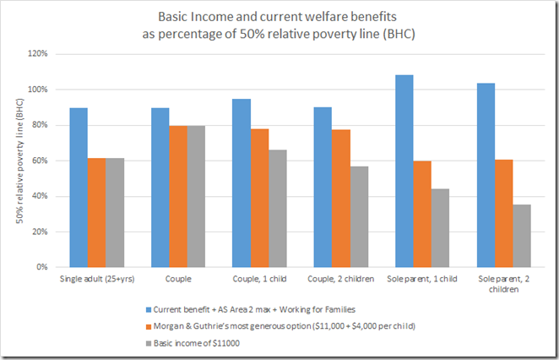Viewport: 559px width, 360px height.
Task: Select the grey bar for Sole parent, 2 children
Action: (522, 236)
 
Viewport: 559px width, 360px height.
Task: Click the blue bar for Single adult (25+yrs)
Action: (79, 187)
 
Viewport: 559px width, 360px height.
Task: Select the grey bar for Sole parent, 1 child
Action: (440, 228)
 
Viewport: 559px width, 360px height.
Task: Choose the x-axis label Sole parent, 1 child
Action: (422, 278)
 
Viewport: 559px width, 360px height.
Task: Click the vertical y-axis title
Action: (18, 161)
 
